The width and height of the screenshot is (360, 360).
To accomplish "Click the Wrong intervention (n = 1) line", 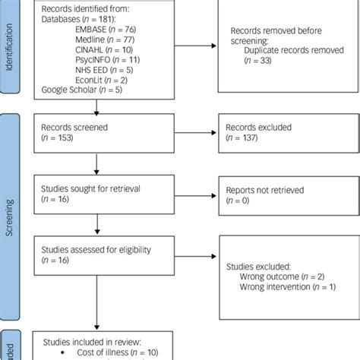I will (286, 289).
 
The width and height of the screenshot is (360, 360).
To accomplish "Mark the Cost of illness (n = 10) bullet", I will (110, 352).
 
